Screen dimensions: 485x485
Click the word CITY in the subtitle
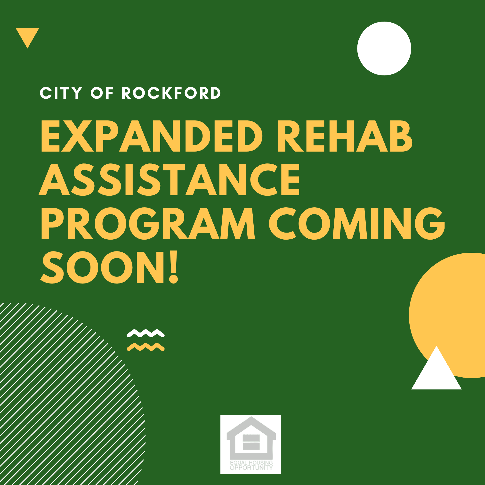tap(61, 93)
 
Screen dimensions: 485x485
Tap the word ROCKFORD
tap(171, 93)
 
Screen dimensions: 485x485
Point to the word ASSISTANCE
tap(169, 180)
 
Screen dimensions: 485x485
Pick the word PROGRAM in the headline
tap(148, 223)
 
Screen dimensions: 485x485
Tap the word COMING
tap(357, 223)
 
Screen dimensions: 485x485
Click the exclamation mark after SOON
tap(173, 267)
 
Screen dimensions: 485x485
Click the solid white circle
tap(384, 48)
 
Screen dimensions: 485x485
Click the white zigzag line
tap(145, 333)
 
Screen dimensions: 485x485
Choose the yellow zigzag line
tap(145, 347)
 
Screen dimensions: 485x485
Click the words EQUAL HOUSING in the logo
tap(251, 462)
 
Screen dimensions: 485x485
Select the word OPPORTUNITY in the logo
tap(251, 468)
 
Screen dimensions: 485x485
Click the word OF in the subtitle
tap(102, 93)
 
